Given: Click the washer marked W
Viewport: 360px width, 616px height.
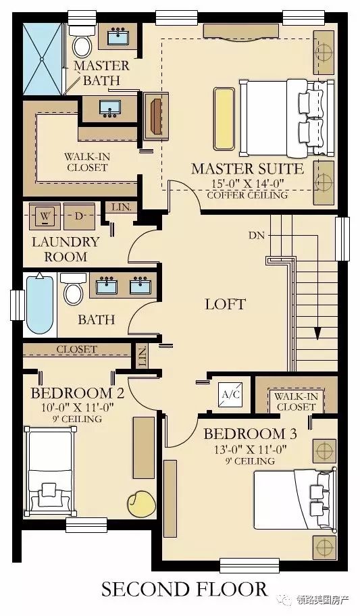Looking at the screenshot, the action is (45, 216).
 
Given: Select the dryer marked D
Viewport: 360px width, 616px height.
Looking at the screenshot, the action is (80, 216).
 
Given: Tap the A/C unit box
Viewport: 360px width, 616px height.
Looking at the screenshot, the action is (231, 394).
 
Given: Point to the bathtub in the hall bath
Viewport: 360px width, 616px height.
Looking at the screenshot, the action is (40, 304).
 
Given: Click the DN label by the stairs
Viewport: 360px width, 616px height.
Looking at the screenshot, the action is (257, 236).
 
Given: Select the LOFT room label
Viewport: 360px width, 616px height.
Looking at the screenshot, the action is (225, 304).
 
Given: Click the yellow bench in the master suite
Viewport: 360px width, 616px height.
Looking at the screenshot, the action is (224, 119).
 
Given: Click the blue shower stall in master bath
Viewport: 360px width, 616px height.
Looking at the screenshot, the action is (43, 59).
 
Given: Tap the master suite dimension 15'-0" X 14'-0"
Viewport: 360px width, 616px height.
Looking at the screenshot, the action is (248, 184).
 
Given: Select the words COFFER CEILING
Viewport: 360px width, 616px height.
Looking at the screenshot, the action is (247, 195).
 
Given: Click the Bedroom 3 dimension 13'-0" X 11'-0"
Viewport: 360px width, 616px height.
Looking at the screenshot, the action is (251, 449).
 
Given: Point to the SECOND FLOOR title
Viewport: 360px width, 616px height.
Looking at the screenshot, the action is (184, 590).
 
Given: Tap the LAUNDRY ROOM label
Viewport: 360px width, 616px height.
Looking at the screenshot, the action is (66, 249).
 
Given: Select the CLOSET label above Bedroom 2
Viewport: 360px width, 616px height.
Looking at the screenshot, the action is (76, 349).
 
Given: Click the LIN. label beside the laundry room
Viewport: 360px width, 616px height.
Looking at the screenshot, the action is (121, 207).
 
